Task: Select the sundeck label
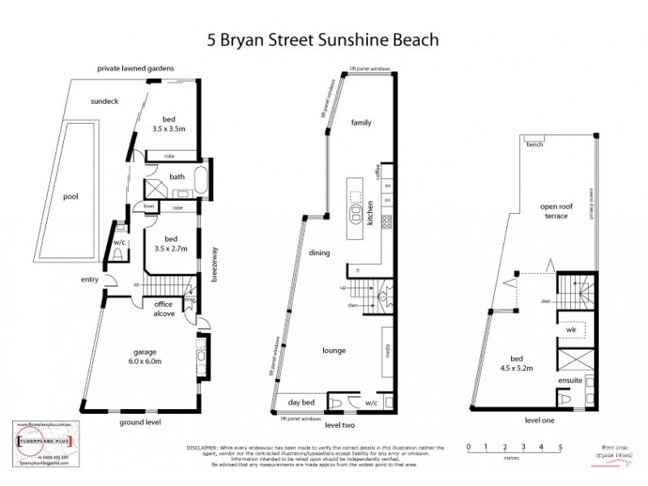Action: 105,101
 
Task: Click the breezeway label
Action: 215,264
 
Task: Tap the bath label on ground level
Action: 177,177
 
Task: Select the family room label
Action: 360,122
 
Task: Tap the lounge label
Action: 333,350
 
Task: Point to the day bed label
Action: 300,403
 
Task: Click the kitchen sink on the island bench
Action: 355,215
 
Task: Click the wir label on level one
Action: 570,330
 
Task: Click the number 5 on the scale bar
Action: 560,447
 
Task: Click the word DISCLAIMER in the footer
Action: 203,446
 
